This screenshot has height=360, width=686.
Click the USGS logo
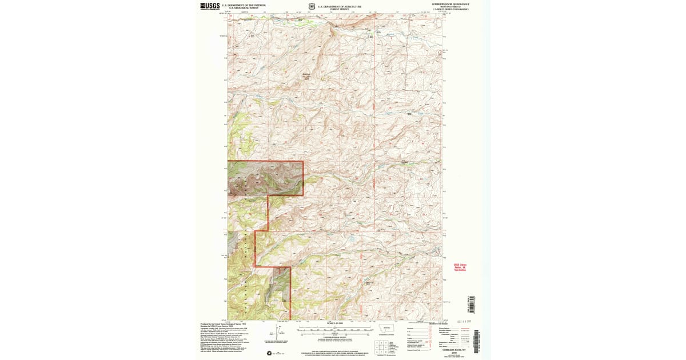[x=210, y=6]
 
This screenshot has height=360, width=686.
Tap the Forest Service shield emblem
[x=311, y=6]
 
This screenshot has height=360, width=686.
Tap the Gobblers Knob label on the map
[x=308, y=76]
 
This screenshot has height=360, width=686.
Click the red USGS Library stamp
[x=460, y=267]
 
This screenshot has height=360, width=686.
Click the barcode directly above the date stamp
[x=472, y=303]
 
